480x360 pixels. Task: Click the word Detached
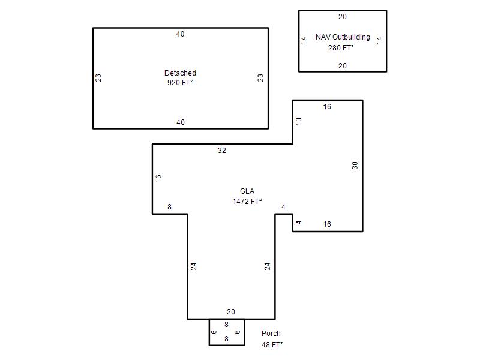click(180, 73)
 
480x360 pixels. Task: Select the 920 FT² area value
click(180, 83)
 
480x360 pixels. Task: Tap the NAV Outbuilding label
click(343, 37)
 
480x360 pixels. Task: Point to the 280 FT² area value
click(341, 48)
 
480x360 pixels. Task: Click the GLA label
click(247, 191)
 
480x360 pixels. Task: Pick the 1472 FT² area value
click(247, 202)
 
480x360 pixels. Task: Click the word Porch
click(271, 334)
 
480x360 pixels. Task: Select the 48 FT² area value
click(272, 344)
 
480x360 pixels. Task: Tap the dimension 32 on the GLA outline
click(222, 151)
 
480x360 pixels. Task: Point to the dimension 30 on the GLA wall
click(355, 166)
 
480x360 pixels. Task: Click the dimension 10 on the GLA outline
click(298, 122)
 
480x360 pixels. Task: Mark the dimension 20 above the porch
click(231, 311)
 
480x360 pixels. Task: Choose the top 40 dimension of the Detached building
click(181, 34)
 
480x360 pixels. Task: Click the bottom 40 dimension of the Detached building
click(181, 122)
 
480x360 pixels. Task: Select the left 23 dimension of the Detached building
click(98, 78)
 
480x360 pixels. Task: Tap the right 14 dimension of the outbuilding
click(379, 40)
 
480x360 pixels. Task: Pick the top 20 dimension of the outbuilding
click(343, 17)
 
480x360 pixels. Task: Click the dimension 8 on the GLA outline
click(169, 207)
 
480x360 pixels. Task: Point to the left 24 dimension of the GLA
click(193, 266)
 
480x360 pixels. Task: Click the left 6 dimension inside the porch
click(214, 332)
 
